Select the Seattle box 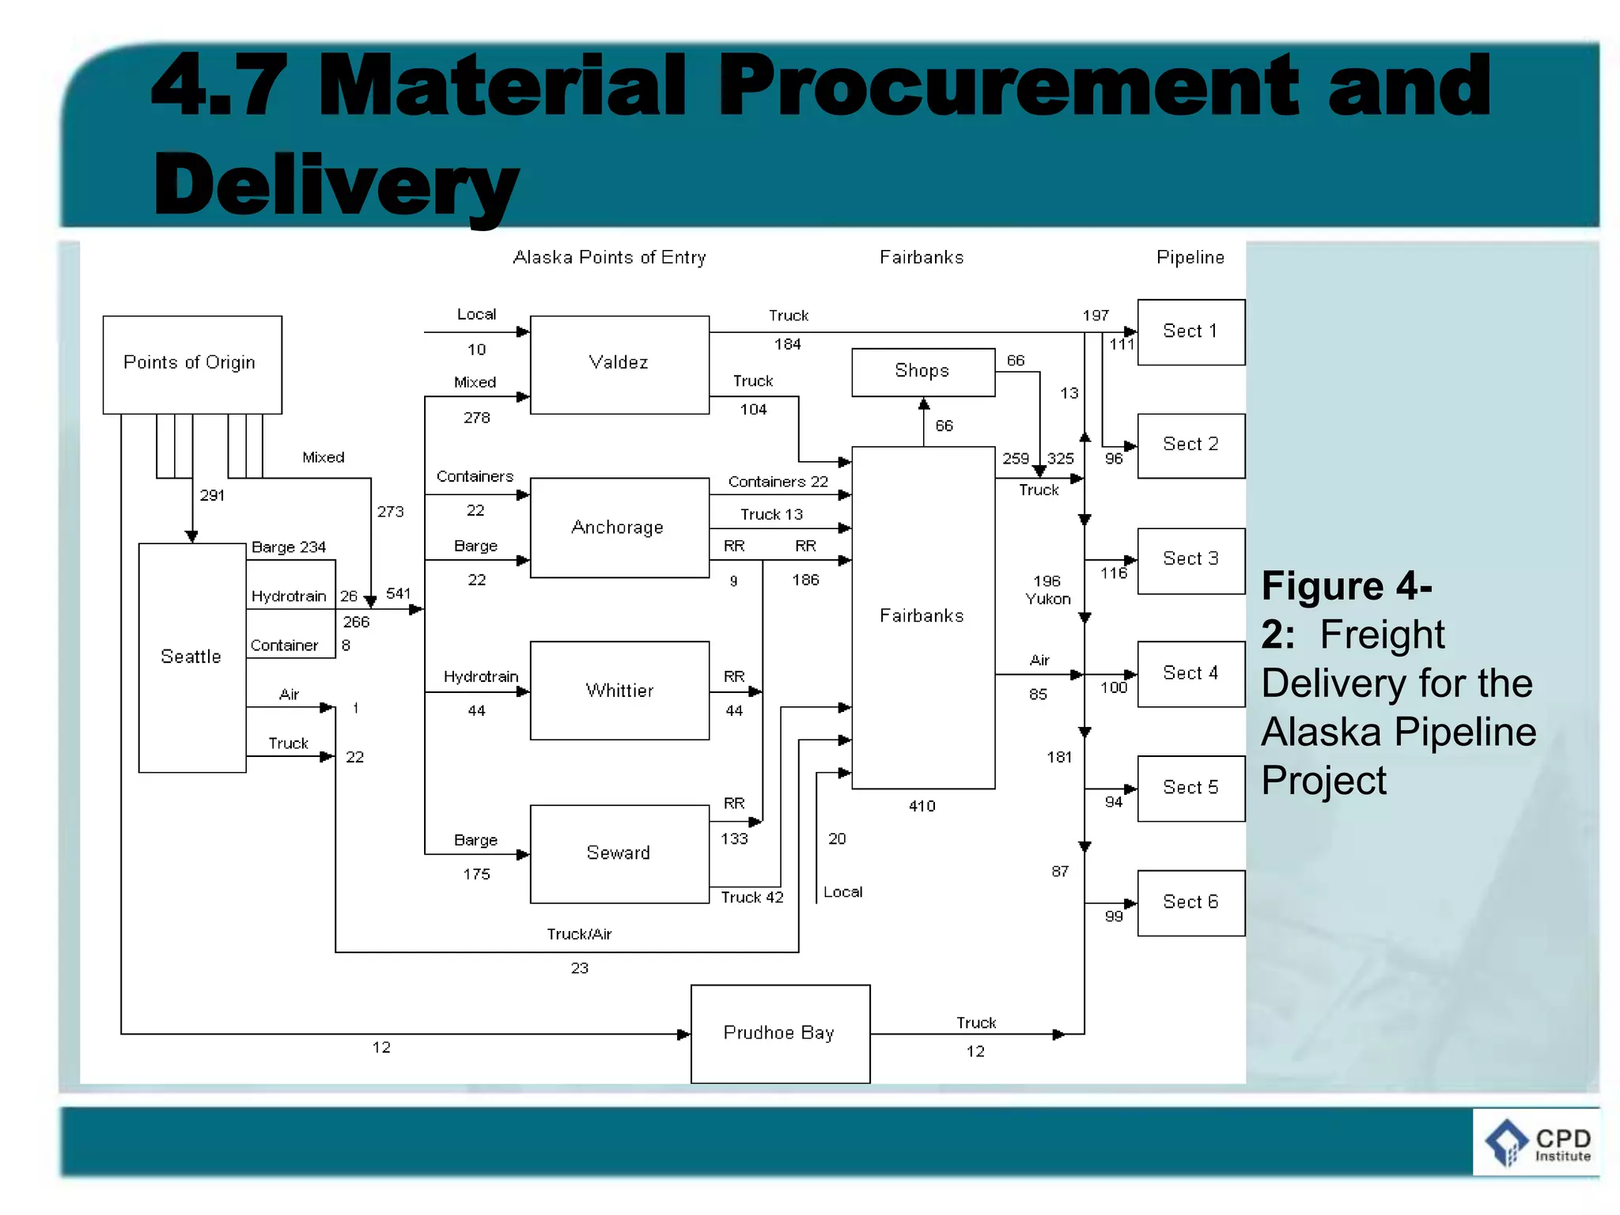click(x=192, y=657)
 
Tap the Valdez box click(x=619, y=365)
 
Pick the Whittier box click(x=619, y=691)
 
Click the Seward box click(x=619, y=854)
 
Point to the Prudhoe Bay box click(x=780, y=1033)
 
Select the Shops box click(x=922, y=372)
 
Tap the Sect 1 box click(x=1190, y=332)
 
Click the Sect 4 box click(x=1190, y=674)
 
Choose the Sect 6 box click(x=1190, y=903)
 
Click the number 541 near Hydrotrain click(x=398, y=593)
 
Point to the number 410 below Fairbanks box click(x=922, y=806)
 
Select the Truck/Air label click(x=579, y=934)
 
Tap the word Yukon click(x=1048, y=600)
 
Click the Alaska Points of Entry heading click(x=609, y=258)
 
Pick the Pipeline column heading click(x=1190, y=258)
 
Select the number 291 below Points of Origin click(x=212, y=496)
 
